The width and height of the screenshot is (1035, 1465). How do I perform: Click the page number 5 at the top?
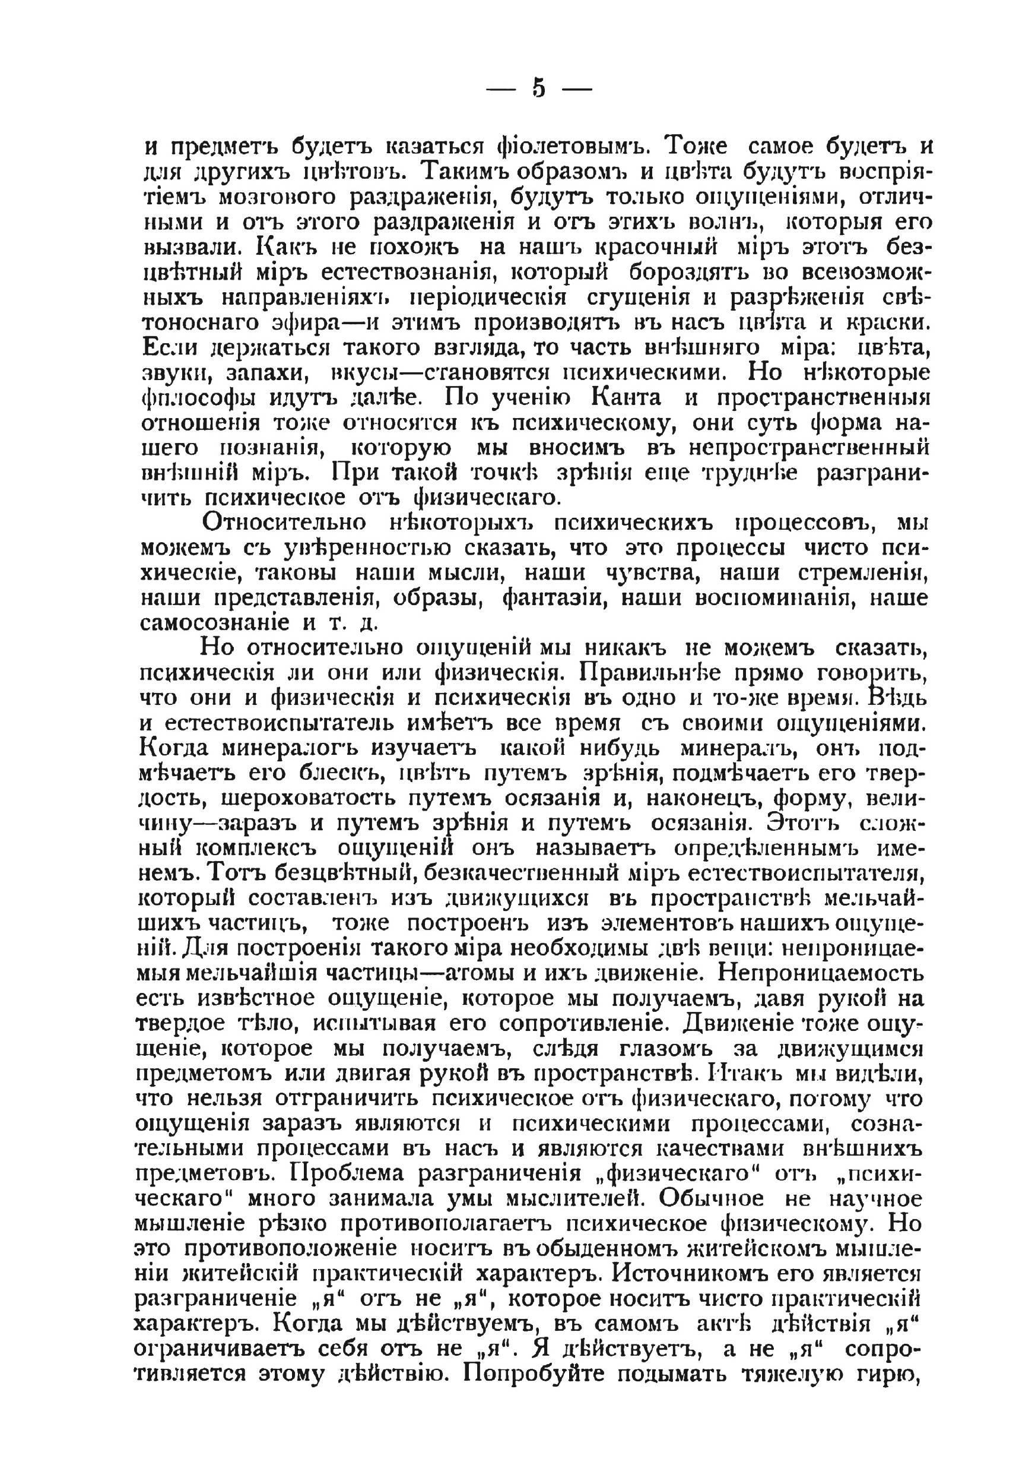coord(539,87)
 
